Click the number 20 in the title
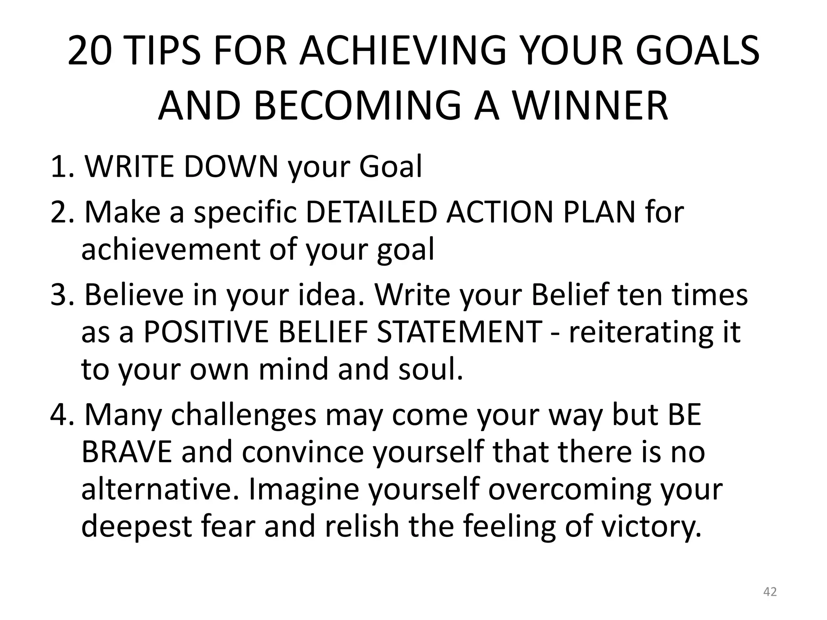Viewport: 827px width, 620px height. click(x=89, y=51)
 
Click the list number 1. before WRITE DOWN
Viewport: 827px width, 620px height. click(x=62, y=166)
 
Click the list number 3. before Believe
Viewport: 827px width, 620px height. click(x=62, y=295)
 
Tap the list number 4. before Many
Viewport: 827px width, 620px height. click(x=62, y=415)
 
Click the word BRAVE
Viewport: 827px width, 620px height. click(x=126, y=452)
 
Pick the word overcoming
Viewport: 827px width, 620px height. click(x=569, y=490)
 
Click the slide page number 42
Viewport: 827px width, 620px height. click(x=770, y=592)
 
